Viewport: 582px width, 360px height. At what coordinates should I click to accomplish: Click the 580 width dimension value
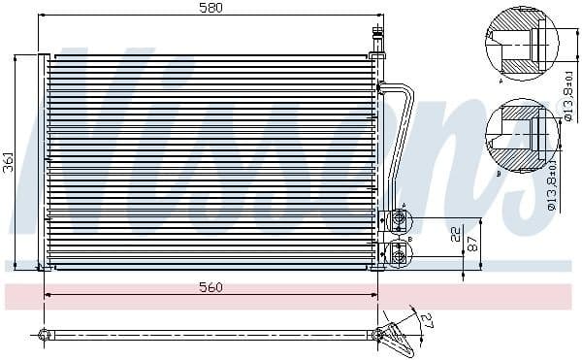(x=210, y=9)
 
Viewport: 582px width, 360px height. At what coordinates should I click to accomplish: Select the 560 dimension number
(x=210, y=287)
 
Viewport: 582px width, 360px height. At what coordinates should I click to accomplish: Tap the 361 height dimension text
(x=9, y=162)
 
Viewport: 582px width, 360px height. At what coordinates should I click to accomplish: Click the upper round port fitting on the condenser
(x=397, y=220)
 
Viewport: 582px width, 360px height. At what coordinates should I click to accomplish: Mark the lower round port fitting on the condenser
(x=397, y=253)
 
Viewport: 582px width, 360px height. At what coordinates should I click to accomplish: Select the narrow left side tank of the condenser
(x=43, y=161)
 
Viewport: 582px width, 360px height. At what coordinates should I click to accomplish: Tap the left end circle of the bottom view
(x=43, y=336)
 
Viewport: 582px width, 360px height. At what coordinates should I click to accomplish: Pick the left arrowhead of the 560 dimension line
(x=48, y=296)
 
